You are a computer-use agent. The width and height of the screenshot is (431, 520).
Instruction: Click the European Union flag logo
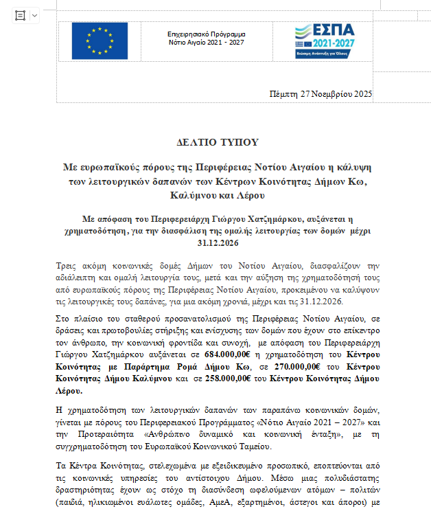click(x=100, y=41)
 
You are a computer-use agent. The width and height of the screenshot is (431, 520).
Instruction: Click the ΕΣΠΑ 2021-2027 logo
click(x=325, y=41)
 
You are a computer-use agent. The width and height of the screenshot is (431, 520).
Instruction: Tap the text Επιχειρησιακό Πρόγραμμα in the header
click(x=207, y=34)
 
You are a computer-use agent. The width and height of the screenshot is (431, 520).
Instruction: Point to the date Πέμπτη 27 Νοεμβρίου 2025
click(x=321, y=94)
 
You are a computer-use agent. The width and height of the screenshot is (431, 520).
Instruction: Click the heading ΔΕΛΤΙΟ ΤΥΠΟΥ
click(x=217, y=142)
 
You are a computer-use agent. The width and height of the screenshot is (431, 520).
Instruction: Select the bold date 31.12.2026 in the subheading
click(x=216, y=243)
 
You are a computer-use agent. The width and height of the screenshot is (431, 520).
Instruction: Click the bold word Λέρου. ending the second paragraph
click(x=67, y=391)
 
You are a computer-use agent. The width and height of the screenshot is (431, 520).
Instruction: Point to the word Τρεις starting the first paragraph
click(x=67, y=265)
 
